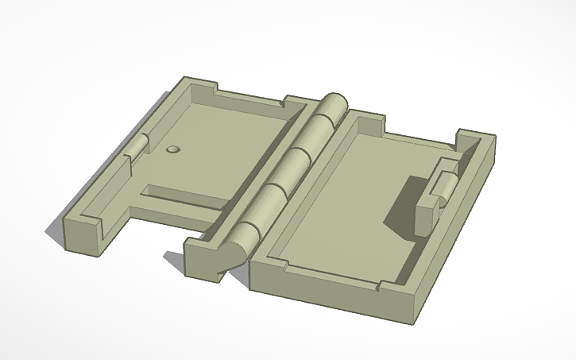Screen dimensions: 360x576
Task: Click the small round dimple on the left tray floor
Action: click(173, 149)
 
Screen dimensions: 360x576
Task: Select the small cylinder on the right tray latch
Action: click(446, 186)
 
